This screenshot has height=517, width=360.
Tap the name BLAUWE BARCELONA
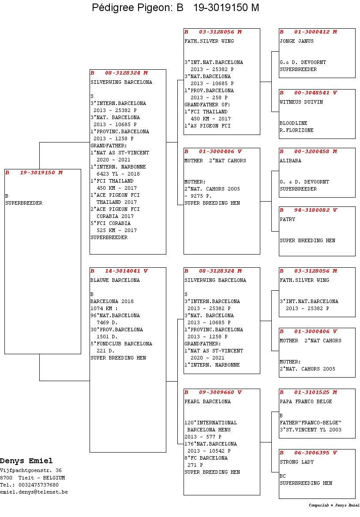pos(115,280)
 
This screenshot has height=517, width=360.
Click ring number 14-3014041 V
pos(126,271)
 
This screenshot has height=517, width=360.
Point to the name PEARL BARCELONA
pos(207,401)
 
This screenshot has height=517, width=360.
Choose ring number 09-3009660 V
pos(220,392)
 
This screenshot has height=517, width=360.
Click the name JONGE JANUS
pos(296,41)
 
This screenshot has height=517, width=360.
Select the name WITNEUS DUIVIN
pos(301,102)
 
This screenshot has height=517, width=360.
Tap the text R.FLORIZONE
pos(296,130)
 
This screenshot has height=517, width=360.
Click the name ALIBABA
pos(290,161)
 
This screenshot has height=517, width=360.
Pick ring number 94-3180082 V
pos(315,210)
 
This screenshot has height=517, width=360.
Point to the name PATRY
pos(287,220)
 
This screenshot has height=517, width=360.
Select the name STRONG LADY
pos(296,462)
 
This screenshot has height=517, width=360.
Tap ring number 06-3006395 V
pos(315,453)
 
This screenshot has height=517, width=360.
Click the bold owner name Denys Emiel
pos(26,461)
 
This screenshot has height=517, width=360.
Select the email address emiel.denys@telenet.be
pos(34,492)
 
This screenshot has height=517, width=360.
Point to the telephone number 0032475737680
pos(38,485)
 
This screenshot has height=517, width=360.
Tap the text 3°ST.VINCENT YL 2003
pos(310,430)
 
